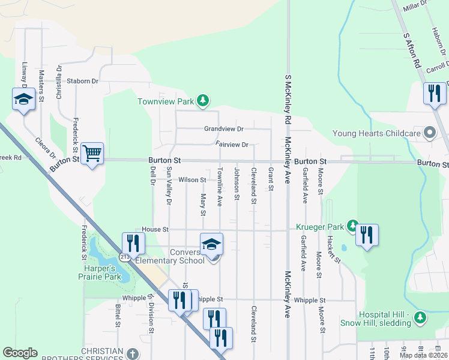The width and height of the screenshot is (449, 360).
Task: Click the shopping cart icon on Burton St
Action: [92, 154]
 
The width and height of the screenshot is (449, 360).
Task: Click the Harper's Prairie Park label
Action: [100, 272]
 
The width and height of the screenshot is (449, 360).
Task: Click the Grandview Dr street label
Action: [223, 128]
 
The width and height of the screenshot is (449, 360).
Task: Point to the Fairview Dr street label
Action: [232, 145]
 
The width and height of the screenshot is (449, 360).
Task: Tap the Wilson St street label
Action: [192, 179]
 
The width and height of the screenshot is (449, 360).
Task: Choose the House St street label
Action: [155, 229]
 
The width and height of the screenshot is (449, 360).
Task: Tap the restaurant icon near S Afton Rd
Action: [433, 93]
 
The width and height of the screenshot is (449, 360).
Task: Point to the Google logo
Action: [20, 353]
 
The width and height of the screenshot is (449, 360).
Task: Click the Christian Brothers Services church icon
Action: [133, 353]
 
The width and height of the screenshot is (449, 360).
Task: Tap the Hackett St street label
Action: [334, 249]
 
